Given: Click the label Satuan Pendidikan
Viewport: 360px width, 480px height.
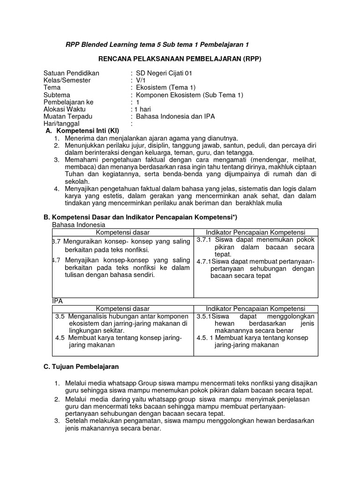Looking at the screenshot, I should coord(71,73).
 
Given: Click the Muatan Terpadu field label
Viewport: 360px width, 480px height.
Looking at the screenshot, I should coord(68,116).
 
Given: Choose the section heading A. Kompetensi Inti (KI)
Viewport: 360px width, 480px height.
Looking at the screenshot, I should coord(82,130).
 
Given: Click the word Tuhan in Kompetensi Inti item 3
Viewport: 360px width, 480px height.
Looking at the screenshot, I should coord(74,174).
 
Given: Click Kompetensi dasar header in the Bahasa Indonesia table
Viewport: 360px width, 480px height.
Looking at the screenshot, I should coord(123,232).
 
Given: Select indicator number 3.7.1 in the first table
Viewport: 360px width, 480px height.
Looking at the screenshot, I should coord(205,240).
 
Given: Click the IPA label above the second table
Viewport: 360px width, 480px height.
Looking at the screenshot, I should coord(57,301).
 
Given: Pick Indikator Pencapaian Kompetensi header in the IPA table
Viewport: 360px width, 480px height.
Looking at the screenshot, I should coord(255,309).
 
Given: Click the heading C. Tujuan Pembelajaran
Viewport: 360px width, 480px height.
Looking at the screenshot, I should coord(81,366).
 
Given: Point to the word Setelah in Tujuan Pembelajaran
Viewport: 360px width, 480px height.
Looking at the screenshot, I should coord(77,421).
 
